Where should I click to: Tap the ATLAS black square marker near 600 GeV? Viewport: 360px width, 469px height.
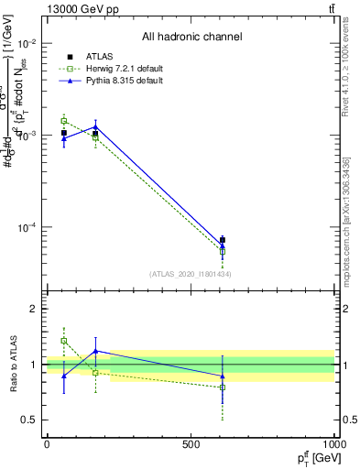223,240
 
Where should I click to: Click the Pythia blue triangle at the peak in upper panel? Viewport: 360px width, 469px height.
95,126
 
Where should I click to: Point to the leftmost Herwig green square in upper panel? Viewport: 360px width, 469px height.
63,121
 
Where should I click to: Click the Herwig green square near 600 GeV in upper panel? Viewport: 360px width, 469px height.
223,252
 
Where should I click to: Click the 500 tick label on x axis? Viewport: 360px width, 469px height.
190,444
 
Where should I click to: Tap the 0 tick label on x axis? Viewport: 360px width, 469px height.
46,444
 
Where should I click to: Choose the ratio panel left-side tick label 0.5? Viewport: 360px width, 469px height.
28,420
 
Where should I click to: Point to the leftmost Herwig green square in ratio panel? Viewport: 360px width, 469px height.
63,341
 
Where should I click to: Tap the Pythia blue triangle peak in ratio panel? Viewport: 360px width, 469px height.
95,351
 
